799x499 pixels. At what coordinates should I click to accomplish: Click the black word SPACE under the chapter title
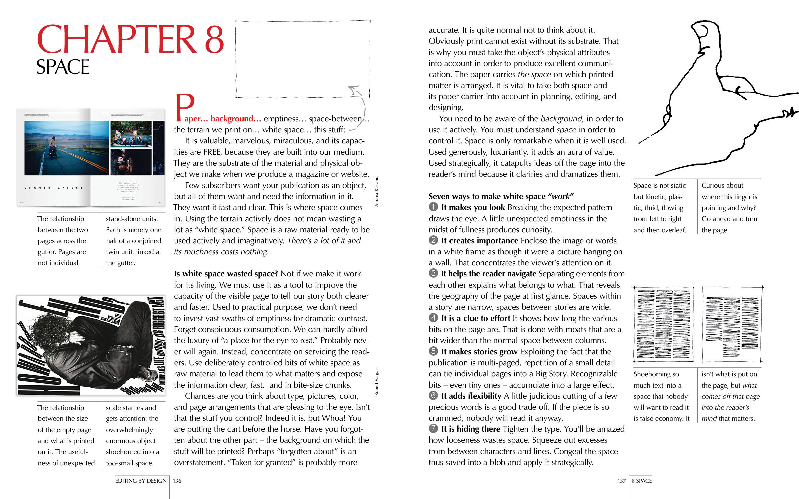coord(63,67)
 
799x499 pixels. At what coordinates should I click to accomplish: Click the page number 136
coord(177,481)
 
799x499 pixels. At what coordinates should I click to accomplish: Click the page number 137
coord(621,481)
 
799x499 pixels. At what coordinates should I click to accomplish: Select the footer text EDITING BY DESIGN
coord(140,481)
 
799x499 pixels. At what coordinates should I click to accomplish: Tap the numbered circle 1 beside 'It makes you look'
coord(433,207)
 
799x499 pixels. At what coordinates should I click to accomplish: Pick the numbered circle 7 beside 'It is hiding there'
coord(433,428)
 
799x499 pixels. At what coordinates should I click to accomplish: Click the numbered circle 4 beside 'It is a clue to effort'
coord(433,318)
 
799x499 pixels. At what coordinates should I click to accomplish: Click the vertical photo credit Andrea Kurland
coord(376,191)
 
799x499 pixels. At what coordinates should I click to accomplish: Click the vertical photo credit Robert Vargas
coord(376,382)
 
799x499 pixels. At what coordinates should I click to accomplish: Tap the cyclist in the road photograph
coord(52,148)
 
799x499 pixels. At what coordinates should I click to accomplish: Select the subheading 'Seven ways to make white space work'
coord(501,196)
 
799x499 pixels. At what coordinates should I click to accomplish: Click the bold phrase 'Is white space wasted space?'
coord(226,274)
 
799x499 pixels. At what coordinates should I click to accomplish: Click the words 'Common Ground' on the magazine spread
coord(53,188)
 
